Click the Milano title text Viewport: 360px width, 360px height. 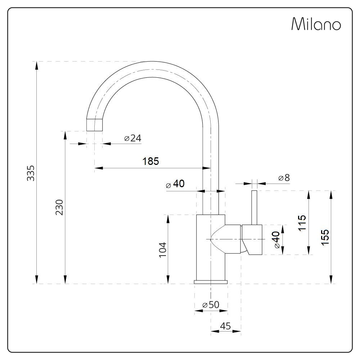[x=316, y=24]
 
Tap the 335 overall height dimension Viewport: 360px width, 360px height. [x=31, y=173]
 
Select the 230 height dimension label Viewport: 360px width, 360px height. [x=59, y=207]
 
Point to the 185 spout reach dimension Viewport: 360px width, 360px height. [x=150, y=161]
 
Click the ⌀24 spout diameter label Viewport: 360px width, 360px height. [x=133, y=138]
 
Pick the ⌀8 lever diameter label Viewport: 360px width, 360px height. [x=284, y=178]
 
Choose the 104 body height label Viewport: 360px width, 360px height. [x=163, y=250]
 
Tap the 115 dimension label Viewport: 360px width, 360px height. [x=302, y=223]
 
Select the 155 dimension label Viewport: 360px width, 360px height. [x=325, y=237]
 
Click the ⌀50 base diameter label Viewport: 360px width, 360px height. [x=211, y=305]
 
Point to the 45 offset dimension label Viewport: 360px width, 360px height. [x=225, y=326]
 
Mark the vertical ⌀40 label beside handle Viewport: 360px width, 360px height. [x=276, y=240]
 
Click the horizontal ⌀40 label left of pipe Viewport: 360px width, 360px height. [x=175, y=184]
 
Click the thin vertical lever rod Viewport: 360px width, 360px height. [x=255, y=208]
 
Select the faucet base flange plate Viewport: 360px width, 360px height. [x=211, y=282]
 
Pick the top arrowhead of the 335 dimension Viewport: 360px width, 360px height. [x=36, y=66]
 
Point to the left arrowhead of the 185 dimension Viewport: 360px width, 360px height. [x=99, y=168]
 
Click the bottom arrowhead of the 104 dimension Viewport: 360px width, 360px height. [x=168, y=280]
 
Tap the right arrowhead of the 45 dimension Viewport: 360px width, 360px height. [x=237, y=331]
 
